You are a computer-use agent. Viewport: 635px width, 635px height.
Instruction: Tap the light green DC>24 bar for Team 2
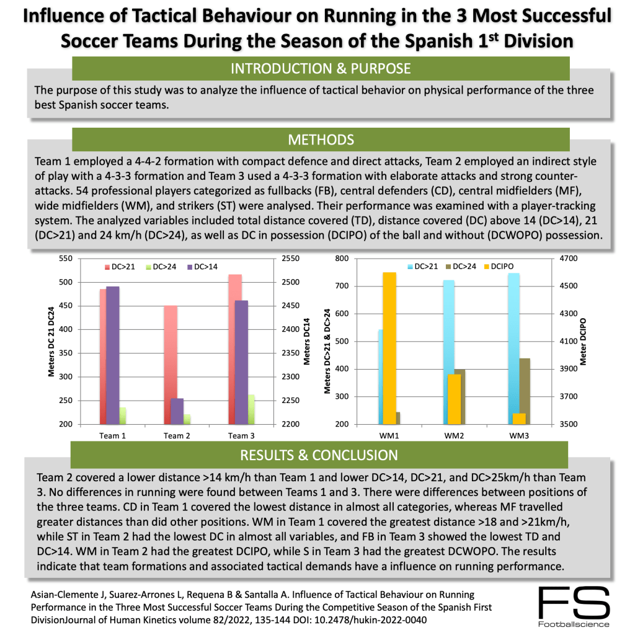coord(187,419)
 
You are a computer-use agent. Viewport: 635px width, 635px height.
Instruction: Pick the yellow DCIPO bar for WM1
coord(389,348)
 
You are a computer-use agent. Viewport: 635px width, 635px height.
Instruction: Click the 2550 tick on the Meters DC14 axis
coord(291,259)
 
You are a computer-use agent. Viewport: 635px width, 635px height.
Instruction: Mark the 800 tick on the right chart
coord(342,259)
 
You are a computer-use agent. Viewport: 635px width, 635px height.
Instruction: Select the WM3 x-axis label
coord(519,435)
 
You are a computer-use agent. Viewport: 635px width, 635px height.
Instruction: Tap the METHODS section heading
coord(320,140)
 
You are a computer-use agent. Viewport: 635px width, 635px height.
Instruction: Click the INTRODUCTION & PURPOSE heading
coord(320,68)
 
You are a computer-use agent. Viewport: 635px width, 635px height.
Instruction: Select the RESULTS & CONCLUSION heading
coord(320,456)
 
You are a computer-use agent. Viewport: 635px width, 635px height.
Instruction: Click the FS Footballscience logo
coord(574,606)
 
